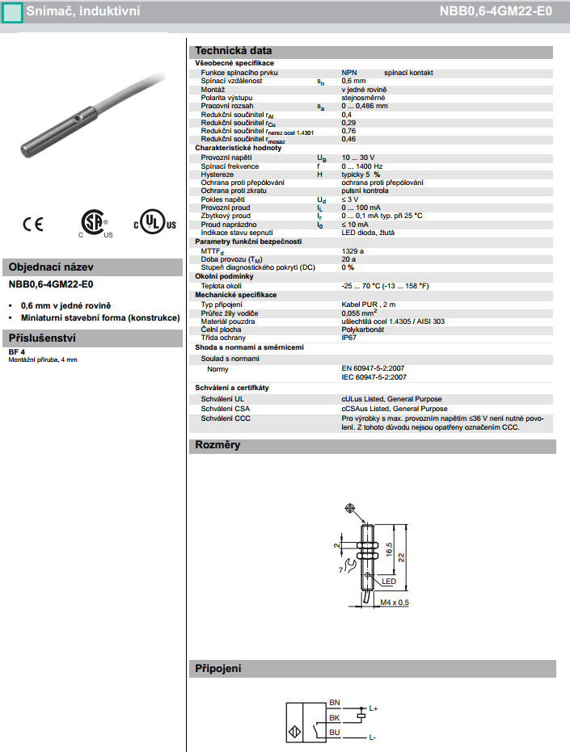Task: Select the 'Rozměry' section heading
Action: [217, 445]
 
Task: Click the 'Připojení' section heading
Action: [218, 669]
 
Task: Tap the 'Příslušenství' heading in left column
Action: [42, 338]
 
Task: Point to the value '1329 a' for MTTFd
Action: [353, 251]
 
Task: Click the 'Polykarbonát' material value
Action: [362, 330]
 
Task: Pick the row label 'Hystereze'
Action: [217, 174]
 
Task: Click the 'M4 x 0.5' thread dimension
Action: [394, 602]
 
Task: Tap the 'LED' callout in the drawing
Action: [389, 582]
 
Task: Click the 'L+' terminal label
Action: [373, 708]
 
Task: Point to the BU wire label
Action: [335, 732]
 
